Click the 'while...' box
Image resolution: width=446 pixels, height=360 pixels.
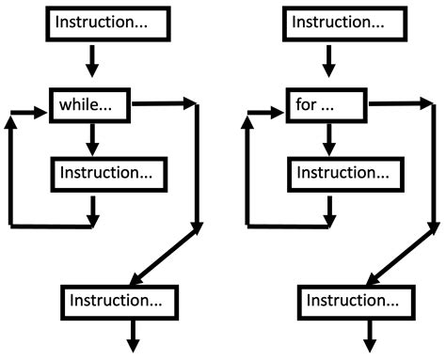click(x=91, y=106)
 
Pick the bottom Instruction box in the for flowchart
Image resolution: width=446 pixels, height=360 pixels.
click(x=356, y=301)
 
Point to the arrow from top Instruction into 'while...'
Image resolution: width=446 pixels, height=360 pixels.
click(x=91, y=62)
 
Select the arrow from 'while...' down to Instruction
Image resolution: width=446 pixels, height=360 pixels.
click(x=91, y=139)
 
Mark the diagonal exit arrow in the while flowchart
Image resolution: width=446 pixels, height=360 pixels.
click(x=165, y=255)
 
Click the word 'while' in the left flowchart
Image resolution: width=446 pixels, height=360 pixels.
click(x=79, y=106)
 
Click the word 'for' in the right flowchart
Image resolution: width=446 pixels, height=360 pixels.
click(x=306, y=106)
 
